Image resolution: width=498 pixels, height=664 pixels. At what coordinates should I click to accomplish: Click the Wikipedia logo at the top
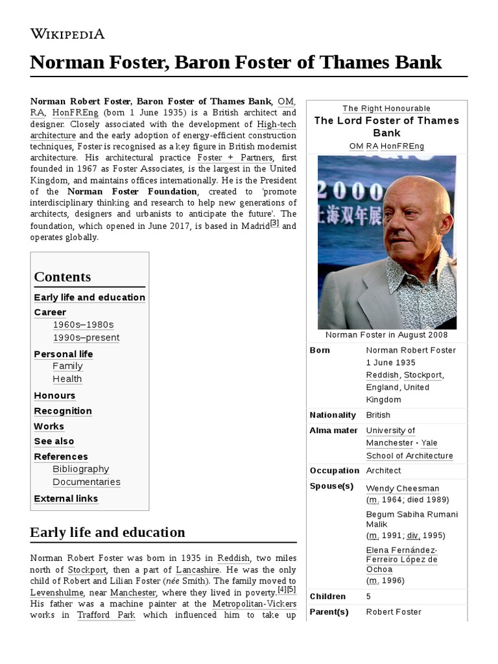(x=67, y=34)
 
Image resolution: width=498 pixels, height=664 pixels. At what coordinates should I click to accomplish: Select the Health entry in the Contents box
(x=67, y=379)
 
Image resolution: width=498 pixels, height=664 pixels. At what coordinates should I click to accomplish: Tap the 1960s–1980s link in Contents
(x=83, y=324)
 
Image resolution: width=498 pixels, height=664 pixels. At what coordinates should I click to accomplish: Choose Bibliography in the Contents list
(x=81, y=469)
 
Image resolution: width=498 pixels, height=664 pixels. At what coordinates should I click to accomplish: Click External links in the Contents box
(x=66, y=499)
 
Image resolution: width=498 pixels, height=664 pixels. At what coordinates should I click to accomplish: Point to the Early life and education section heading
(x=108, y=532)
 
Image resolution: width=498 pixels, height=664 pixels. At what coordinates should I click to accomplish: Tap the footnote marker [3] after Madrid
(x=275, y=223)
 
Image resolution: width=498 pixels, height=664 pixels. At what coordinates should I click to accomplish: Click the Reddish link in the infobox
(x=382, y=375)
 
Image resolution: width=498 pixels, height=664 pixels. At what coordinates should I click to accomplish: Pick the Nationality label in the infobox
(x=333, y=415)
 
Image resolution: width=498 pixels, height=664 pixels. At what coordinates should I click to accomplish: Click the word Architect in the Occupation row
(x=383, y=471)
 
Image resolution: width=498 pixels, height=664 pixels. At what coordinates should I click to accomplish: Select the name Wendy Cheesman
(x=403, y=488)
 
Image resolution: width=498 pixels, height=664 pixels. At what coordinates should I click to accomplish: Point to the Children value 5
(x=368, y=597)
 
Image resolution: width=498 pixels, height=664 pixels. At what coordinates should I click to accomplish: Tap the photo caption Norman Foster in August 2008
(x=386, y=335)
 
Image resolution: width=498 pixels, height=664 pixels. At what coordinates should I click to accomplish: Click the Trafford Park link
(x=106, y=615)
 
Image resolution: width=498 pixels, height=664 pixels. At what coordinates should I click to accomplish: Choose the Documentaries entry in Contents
(x=86, y=482)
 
